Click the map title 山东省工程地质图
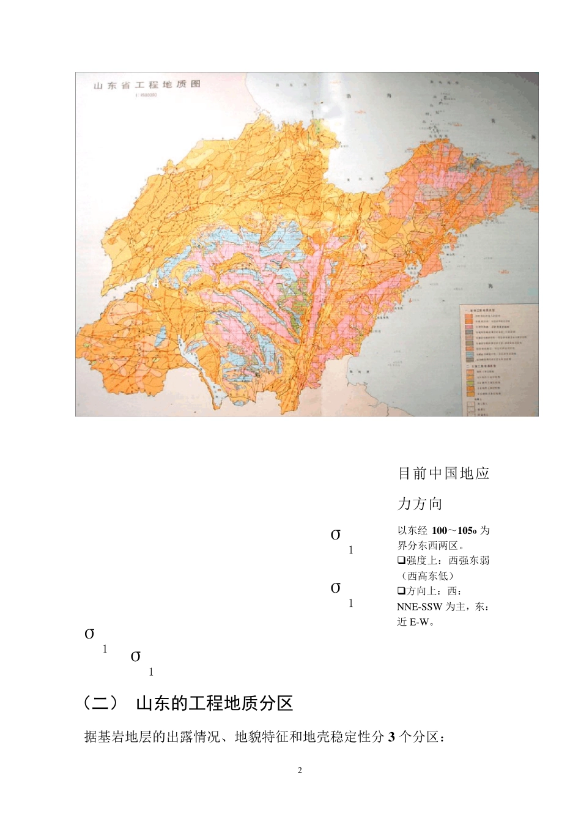147,84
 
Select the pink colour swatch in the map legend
469,327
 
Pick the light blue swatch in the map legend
470,354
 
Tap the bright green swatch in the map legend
470,383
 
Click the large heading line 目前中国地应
443,473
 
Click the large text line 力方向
420,504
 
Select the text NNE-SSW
419,607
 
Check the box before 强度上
401,560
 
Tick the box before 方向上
401,591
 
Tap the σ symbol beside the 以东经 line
336,535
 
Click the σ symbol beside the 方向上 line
336,588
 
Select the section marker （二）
100,703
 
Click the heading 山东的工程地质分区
215,703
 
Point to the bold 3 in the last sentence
391,737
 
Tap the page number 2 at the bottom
300,770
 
